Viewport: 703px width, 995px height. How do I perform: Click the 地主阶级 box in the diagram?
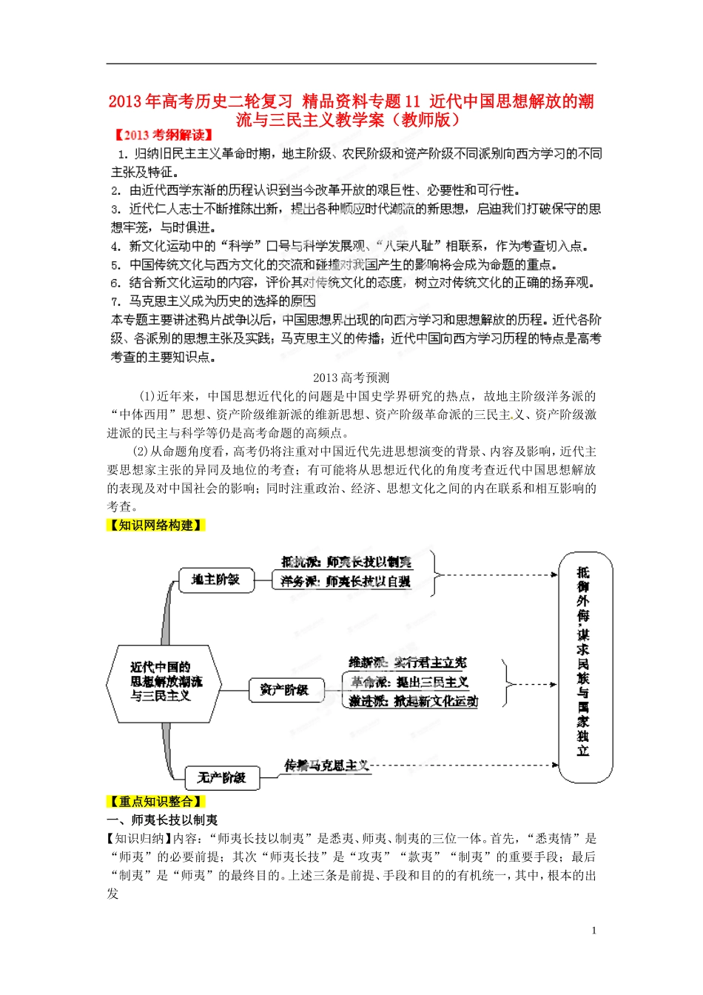pos(216,580)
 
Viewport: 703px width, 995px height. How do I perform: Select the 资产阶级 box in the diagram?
pos(283,690)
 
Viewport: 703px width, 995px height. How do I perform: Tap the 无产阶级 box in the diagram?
pos(221,777)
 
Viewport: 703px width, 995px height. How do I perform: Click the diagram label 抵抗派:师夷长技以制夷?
pos(346,563)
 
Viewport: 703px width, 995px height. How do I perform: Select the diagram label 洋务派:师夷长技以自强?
pos(346,582)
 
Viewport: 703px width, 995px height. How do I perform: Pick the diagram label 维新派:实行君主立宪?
pos(408,663)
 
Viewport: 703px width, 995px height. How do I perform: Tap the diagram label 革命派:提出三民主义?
pos(409,682)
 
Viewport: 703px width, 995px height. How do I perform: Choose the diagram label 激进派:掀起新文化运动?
pos(414,701)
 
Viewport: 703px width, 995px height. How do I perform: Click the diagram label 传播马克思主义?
pos(326,765)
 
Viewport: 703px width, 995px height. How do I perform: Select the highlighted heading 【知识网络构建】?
pos(155,525)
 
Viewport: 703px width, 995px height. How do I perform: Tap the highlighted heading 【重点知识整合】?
pos(155,801)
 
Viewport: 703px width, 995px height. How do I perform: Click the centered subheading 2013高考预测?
pos(351,378)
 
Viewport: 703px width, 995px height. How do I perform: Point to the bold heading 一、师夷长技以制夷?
pos(163,820)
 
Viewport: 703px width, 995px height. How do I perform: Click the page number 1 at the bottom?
pos(593,931)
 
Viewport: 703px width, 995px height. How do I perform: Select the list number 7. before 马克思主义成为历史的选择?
pos(115,301)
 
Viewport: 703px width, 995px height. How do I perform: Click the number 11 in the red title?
pos(411,101)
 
